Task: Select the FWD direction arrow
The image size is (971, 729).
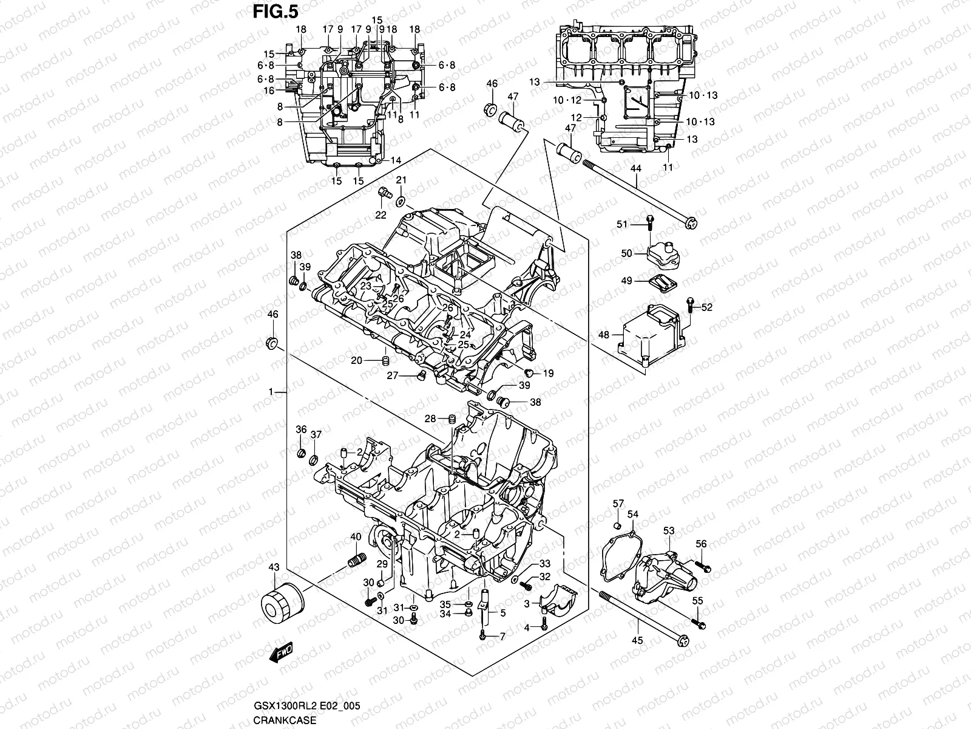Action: [x=283, y=654]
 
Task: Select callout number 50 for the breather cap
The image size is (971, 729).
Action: [x=627, y=253]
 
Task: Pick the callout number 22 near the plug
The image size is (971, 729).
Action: [x=381, y=214]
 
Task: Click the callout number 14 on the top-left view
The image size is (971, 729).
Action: [x=396, y=160]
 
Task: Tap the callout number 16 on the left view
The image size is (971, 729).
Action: [x=269, y=91]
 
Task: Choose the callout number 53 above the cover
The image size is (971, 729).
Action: [x=669, y=531]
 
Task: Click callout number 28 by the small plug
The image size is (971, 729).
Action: [x=430, y=418]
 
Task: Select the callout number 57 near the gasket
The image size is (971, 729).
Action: [x=618, y=503]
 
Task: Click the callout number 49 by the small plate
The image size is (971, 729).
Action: [x=627, y=281]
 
